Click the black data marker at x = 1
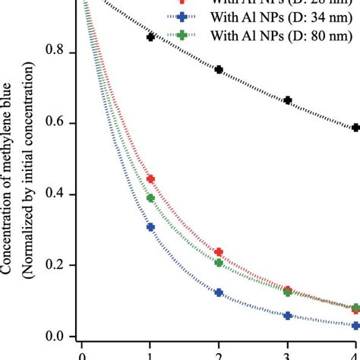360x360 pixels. [x=150, y=37]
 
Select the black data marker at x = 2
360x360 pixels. [x=219, y=69]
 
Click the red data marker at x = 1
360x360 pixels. [x=150, y=179]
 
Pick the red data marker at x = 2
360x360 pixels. [x=219, y=251]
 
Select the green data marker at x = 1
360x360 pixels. [x=150, y=198]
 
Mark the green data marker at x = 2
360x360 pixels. [x=219, y=263]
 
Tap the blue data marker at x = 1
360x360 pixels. [x=150, y=227]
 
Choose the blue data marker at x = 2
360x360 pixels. [x=219, y=292]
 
